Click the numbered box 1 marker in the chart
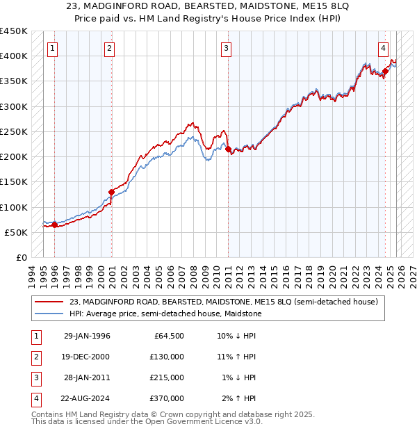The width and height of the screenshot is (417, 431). click(x=54, y=49)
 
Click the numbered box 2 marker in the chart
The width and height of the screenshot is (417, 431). click(x=110, y=49)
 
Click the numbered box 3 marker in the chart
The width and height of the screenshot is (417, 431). click(x=227, y=49)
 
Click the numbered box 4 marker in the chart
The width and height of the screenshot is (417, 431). click(x=384, y=49)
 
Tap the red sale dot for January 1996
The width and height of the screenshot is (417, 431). click(x=54, y=225)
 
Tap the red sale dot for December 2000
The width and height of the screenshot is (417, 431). click(x=111, y=192)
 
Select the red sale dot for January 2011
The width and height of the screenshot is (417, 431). click(x=227, y=149)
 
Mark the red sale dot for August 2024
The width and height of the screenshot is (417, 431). click(x=385, y=70)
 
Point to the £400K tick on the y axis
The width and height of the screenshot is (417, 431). click(x=14, y=56)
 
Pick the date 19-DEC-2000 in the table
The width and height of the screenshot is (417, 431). click(x=87, y=357)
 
